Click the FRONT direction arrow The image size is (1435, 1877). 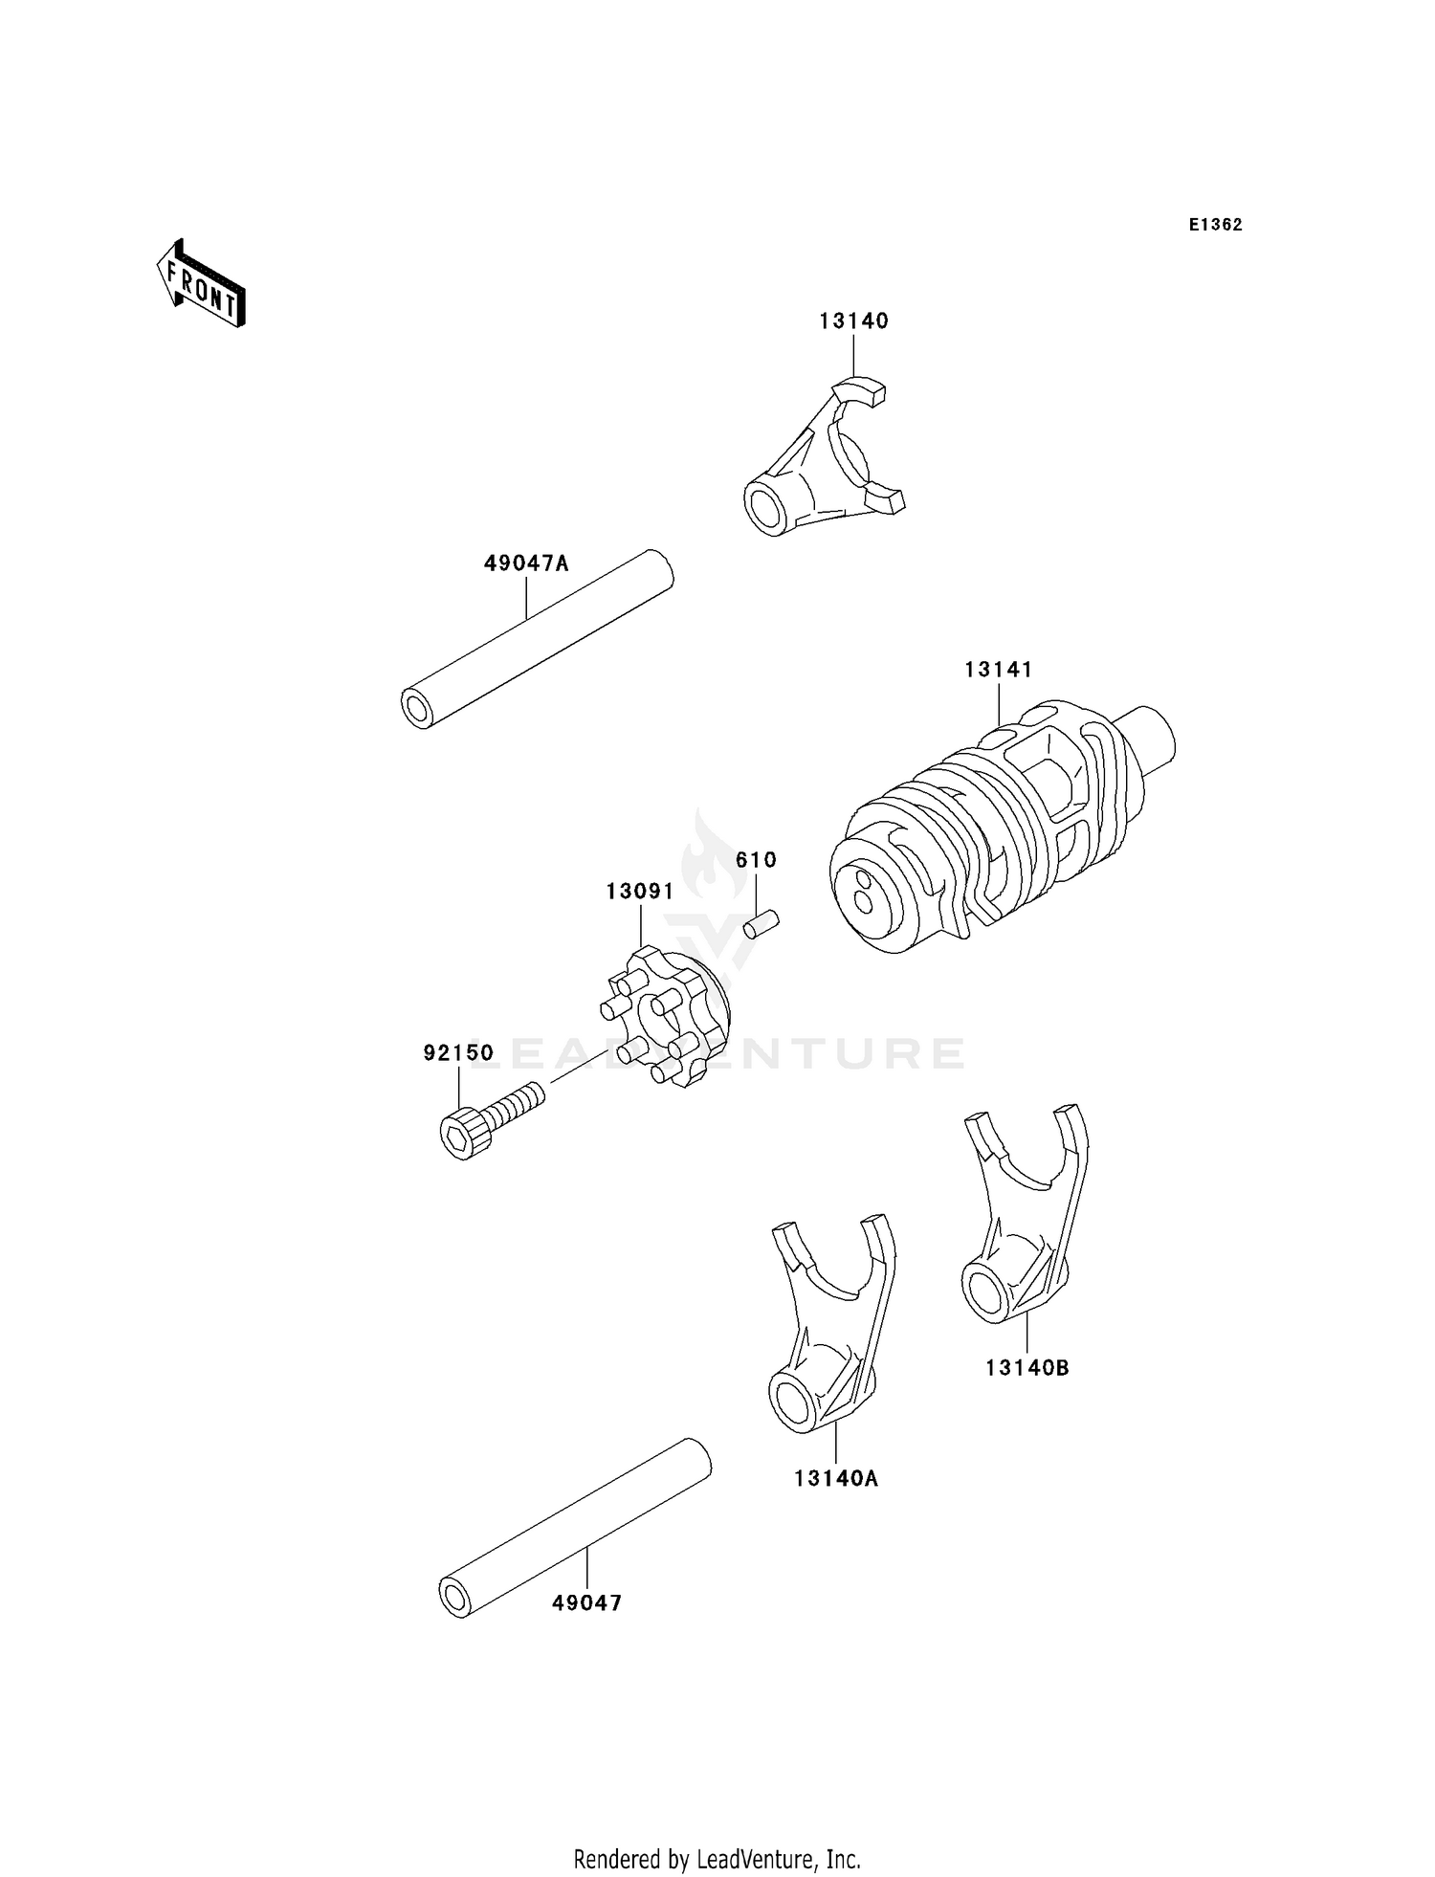[x=202, y=285]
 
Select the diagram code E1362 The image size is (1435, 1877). [x=1215, y=225]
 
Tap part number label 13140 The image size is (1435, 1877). [x=853, y=321]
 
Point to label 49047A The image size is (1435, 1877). [x=525, y=563]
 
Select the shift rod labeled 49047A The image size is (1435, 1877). [x=537, y=639]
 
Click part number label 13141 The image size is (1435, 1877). [x=998, y=670]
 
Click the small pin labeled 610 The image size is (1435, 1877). [x=762, y=925]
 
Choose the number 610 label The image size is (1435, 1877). [x=756, y=860]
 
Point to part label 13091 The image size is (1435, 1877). [x=639, y=892]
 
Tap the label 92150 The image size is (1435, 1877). [x=458, y=1053]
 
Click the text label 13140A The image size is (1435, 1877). [x=835, y=1479]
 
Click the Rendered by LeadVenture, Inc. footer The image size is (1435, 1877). [x=717, y=1859]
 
